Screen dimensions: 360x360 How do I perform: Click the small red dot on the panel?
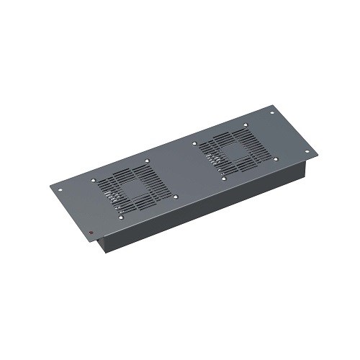tap(92, 231)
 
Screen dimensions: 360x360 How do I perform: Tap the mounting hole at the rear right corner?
tap(272, 112)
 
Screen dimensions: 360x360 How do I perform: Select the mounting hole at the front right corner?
tap(307, 152)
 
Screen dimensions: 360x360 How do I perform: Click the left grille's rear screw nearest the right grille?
tap(148, 161)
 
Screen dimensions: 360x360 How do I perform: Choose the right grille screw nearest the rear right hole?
tap(246, 125)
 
